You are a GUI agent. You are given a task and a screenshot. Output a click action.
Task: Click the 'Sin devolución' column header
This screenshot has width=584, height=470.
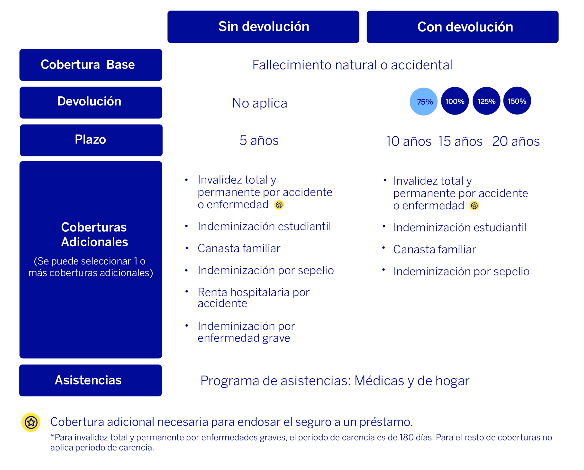tap(263, 27)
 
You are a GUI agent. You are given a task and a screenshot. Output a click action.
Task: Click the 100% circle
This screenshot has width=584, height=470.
tap(455, 101)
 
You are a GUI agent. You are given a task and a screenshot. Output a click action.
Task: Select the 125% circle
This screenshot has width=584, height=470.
tap(486, 101)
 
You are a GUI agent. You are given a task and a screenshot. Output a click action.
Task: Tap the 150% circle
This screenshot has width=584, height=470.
tap(517, 101)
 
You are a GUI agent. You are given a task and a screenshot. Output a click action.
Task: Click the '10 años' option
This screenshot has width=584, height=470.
tap(409, 141)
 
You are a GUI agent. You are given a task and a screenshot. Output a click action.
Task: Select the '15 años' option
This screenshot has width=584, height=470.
tap(460, 141)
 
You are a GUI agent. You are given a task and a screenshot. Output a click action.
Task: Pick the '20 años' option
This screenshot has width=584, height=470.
tap(516, 141)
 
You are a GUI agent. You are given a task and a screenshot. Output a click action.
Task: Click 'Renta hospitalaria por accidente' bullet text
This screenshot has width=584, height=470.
tap(253, 297)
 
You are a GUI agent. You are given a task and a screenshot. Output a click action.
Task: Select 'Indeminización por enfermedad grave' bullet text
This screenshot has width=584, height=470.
tap(246, 332)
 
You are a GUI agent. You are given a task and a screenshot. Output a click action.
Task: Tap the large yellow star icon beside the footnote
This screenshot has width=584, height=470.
tap(31, 422)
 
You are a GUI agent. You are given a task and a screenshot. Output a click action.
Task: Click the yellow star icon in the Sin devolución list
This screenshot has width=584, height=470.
tap(279, 205)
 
